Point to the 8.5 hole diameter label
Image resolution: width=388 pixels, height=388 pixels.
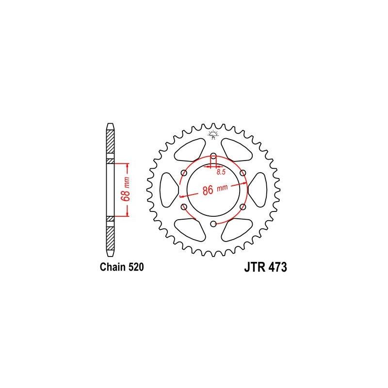(221, 172)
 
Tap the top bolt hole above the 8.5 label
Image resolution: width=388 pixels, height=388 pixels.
(213, 156)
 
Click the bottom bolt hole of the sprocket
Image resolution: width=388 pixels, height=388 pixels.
(213, 224)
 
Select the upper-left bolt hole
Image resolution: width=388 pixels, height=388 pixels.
(184, 173)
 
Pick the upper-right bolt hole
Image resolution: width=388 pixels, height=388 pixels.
(242, 173)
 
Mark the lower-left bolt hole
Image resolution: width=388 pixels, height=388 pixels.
(184, 207)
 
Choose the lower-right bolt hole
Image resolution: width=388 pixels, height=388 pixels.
(242, 207)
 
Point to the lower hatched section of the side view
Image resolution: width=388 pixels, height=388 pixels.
(111, 237)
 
